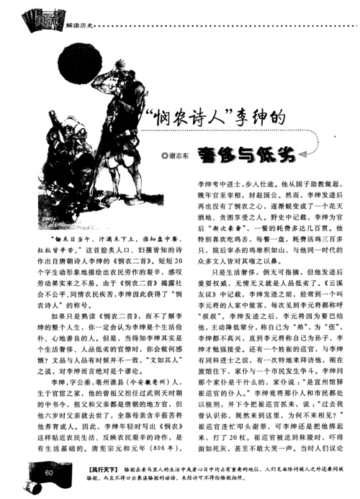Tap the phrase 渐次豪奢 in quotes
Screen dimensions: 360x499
tap(220, 229)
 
